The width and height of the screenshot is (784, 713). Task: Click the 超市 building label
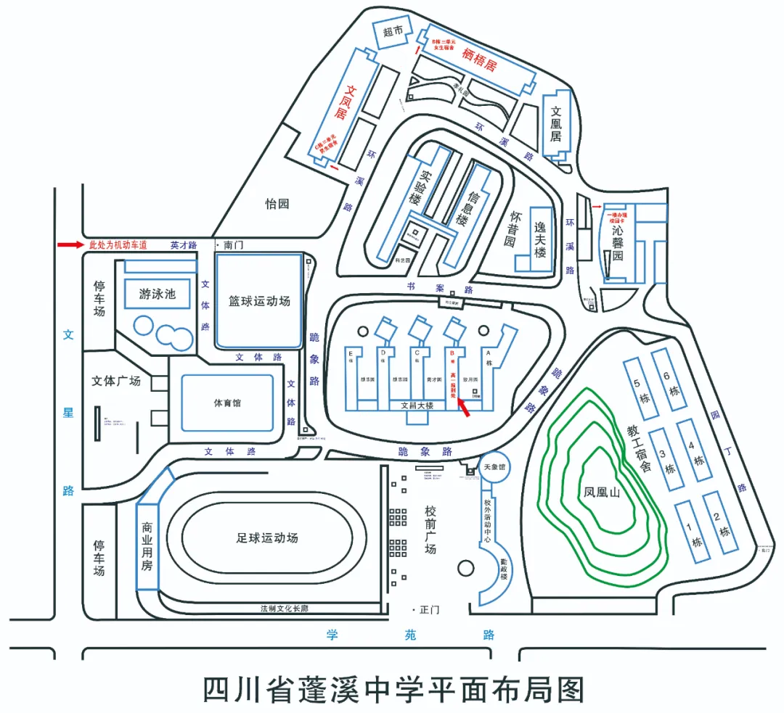pos(393,31)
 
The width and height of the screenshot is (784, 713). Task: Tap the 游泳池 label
pos(158,294)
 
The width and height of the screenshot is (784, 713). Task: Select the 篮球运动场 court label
pos(259,300)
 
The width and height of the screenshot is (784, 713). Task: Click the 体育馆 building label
pos(227,403)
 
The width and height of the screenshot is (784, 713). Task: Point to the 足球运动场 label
pos(267,538)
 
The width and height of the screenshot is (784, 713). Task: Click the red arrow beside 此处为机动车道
pos(70,245)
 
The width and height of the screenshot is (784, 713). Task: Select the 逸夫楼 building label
pos(539,241)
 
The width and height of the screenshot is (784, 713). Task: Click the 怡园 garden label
pos(277,204)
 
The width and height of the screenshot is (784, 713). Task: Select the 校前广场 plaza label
pos(430,529)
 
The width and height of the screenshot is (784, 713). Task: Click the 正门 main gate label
pos(429,610)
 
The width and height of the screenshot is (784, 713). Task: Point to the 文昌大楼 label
pos(417,406)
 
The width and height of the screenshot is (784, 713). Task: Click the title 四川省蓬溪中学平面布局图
pos(393,689)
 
